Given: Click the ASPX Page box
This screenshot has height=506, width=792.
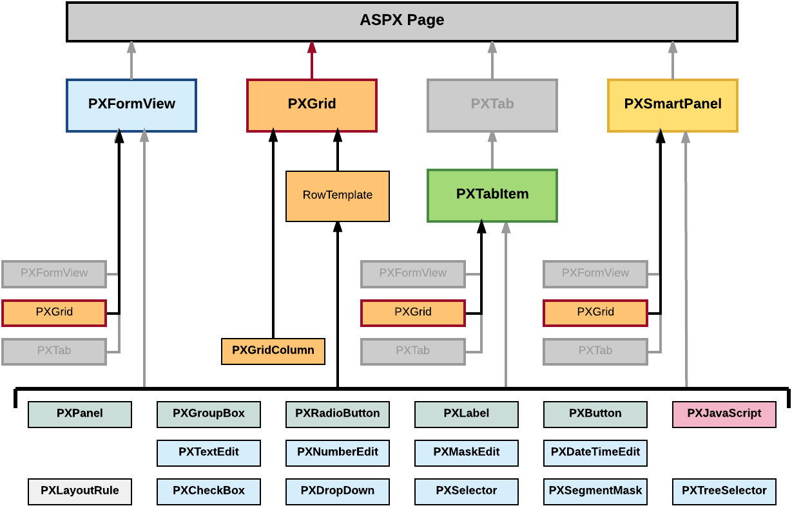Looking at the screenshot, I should tap(402, 21).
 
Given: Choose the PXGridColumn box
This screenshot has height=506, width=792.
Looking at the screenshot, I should tap(273, 351).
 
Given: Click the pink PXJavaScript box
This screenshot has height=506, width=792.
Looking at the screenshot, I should tap(724, 414).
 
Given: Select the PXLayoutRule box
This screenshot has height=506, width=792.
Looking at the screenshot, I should tap(80, 491).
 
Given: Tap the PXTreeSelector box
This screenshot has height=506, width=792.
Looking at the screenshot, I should tap(724, 491).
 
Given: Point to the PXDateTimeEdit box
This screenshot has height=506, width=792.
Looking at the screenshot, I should tap(595, 453).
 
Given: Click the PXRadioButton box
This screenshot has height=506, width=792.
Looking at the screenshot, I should tap(338, 414).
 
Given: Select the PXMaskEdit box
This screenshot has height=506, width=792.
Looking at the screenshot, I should tap(467, 453).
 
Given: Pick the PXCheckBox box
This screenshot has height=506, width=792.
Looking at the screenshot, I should tap(209, 491).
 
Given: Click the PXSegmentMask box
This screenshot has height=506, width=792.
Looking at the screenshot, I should tap(595, 491).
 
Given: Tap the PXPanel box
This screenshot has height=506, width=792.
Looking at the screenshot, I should tap(80, 414).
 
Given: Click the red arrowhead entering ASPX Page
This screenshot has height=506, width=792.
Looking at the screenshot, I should tap(312, 46).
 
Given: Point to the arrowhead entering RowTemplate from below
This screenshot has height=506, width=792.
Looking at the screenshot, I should tap(338, 227).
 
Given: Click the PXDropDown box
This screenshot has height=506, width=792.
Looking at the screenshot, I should tap(338, 491).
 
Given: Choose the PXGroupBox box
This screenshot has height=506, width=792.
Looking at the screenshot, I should tap(209, 414).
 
